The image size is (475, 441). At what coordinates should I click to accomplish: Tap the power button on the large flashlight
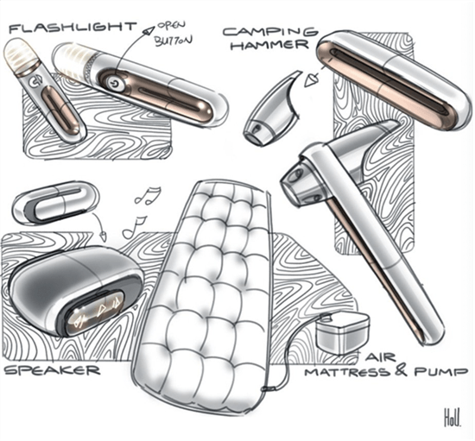(x=115, y=83)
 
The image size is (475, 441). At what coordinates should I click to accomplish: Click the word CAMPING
(x=271, y=31)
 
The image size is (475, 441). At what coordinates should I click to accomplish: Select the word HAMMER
(x=271, y=45)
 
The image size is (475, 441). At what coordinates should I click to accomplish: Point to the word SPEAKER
(x=53, y=369)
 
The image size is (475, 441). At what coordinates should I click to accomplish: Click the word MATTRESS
(x=347, y=371)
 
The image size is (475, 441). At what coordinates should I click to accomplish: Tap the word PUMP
(x=440, y=371)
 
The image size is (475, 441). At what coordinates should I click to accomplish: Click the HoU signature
(x=453, y=417)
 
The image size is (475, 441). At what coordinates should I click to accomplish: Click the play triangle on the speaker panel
(x=100, y=309)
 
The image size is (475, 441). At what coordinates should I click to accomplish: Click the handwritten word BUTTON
(x=174, y=41)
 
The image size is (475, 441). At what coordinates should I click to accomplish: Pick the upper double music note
(x=148, y=196)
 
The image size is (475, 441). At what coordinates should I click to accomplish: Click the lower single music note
(x=134, y=228)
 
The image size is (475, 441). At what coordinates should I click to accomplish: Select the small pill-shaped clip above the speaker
(x=55, y=203)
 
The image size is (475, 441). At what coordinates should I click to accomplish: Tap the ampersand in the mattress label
(x=402, y=371)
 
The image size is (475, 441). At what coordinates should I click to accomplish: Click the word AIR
(x=381, y=357)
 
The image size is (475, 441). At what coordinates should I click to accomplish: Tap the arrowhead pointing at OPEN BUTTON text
(x=149, y=30)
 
